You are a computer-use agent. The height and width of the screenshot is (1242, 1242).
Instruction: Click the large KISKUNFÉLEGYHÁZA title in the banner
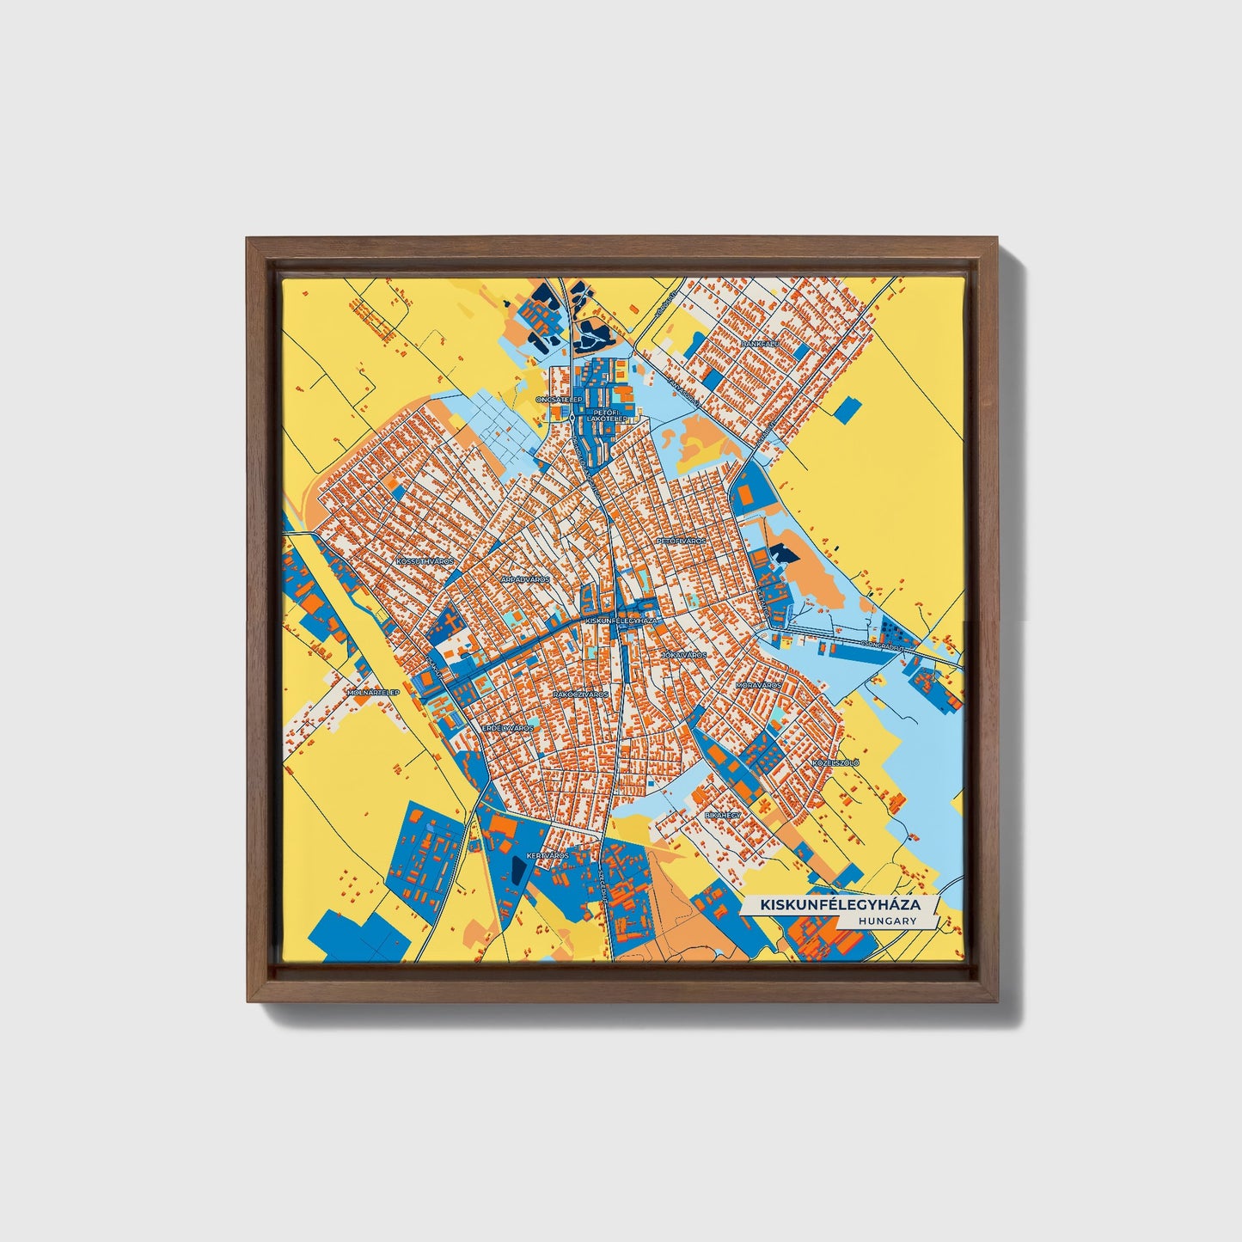point(840,905)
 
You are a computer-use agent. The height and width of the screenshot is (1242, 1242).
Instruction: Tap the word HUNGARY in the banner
point(886,921)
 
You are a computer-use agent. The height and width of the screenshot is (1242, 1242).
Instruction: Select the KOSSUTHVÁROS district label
point(424,560)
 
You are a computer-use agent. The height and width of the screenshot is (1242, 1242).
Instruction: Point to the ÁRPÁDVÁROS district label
point(524,580)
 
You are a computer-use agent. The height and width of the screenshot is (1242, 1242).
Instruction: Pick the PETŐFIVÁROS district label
point(681,541)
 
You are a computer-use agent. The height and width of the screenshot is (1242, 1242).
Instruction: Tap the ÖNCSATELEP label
point(558,400)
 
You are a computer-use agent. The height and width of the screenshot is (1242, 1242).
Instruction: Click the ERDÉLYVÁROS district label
point(507,728)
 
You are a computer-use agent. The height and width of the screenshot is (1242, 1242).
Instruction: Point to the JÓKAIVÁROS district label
point(683,655)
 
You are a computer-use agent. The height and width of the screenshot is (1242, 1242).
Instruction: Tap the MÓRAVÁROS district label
point(759,686)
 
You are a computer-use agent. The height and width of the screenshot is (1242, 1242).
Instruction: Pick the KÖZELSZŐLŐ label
point(835,762)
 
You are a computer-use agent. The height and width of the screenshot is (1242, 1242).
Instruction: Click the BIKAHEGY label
point(721,813)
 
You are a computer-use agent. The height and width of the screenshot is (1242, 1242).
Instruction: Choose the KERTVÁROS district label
point(548,856)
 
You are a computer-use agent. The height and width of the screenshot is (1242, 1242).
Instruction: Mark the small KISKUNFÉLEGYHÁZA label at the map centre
point(621,620)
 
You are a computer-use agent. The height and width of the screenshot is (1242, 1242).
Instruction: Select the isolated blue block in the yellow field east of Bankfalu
point(847,409)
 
